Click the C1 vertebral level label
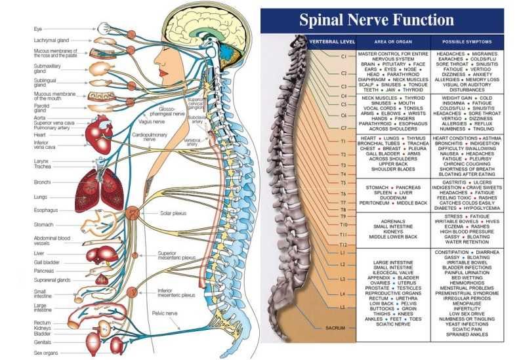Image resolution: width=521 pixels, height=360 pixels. point(343,56)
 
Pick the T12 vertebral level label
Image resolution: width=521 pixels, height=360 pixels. point(343,243)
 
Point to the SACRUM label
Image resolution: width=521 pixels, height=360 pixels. point(335,326)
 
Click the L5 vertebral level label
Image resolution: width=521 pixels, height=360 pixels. point(343,307)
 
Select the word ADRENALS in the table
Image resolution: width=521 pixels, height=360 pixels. point(392,222)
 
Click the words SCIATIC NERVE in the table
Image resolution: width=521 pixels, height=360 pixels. point(392,323)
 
